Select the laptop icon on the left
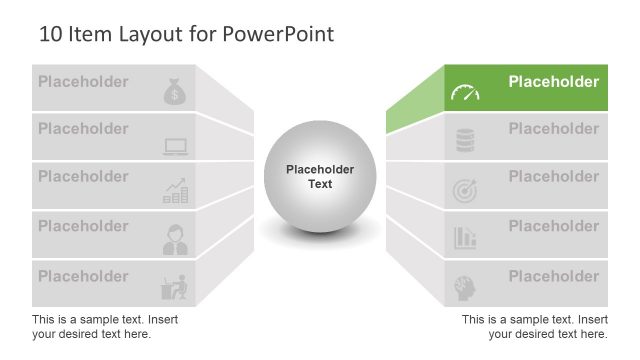click(175, 147)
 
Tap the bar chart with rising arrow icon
click(175, 192)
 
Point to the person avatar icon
click(175, 240)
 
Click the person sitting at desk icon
click(175, 287)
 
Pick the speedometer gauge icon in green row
click(465, 94)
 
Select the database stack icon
click(465, 141)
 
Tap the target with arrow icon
click(465, 190)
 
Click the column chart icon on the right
click(465, 238)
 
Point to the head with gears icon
click(465, 286)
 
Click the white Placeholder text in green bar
click(553, 82)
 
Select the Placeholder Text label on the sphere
click(319, 177)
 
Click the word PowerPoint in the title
click(284, 34)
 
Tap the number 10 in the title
click(50, 34)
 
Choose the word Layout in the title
click(144, 34)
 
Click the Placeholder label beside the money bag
click(83, 81)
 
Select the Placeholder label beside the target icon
click(553, 177)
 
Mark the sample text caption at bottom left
click(105, 326)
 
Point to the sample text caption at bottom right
click(534, 326)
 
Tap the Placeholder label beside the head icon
click(553, 276)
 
